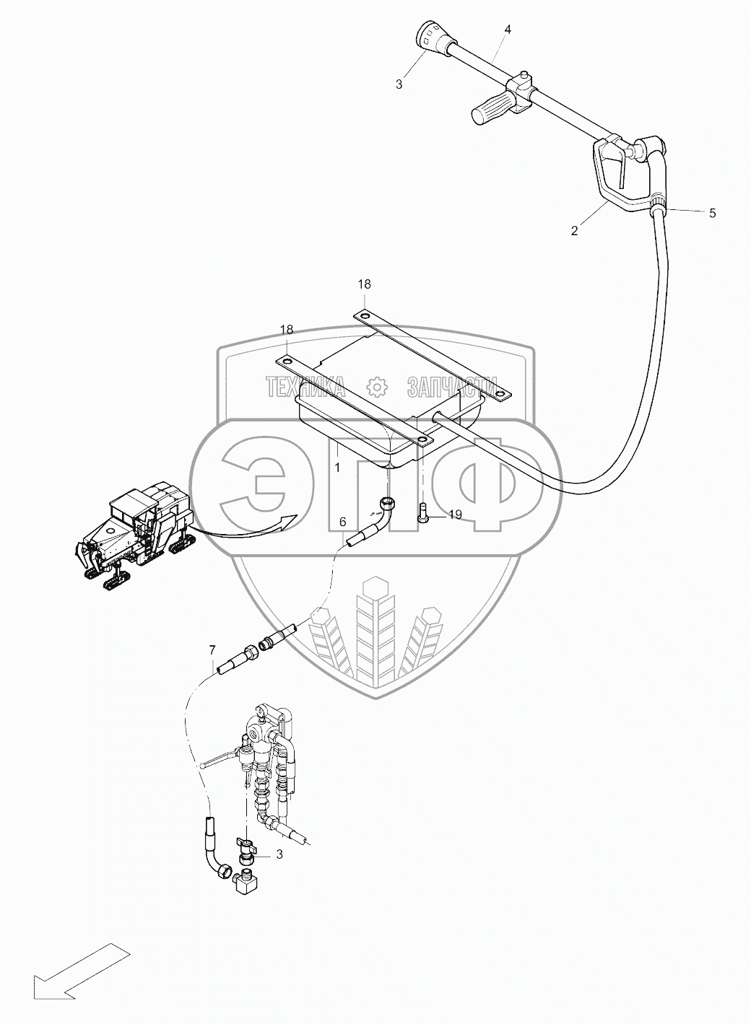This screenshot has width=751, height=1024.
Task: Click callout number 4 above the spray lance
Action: pyautogui.click(x=508, y=30)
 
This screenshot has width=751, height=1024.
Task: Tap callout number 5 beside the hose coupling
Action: pyautogui.click(x=712, y=213)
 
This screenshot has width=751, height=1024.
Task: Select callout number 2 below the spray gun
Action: pyautogui.click(x=574, y=231)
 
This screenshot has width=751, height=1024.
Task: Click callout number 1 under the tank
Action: pyautogui.click(x=337, y=467)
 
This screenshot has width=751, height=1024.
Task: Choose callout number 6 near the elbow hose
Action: pyautogui.click(x=342, y=522)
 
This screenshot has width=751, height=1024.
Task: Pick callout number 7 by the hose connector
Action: pyautogui.click(x=212, y=650)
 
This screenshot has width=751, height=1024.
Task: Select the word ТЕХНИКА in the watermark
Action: pyautogui.click(x=305, y=388)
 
